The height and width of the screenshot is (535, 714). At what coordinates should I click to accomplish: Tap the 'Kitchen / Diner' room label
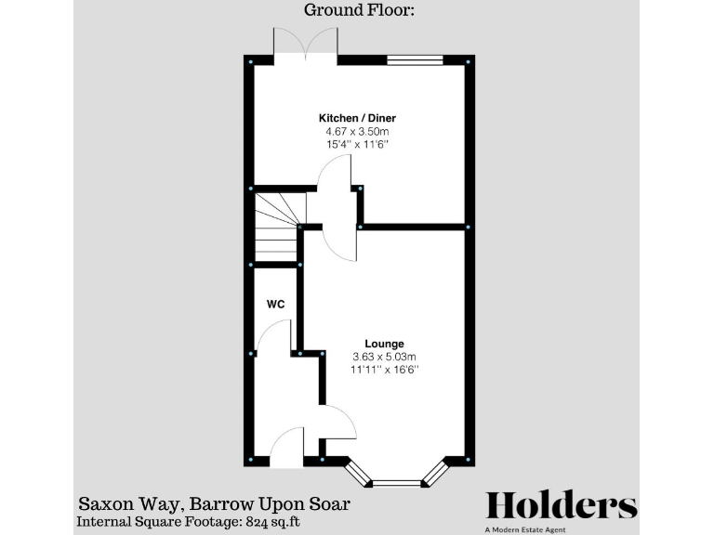(x=351, y=118)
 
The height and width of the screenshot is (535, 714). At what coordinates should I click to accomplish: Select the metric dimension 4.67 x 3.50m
(x=351, y=132)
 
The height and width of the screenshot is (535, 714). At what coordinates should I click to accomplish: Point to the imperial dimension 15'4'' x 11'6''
(x=351, y=145)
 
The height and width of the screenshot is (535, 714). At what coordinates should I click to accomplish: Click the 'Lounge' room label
(x=384, y=344)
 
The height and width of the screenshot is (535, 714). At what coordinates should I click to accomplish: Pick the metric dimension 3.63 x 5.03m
(x=384, y=357)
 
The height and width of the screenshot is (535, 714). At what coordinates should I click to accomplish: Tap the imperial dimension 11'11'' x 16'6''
(x=384, y=370)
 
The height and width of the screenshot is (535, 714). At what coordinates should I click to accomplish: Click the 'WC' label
(x=275, y=304)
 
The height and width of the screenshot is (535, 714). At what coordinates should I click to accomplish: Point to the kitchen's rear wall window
(x=415, y=60)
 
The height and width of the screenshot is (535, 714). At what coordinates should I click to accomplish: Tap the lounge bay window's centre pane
(x=397, y=483)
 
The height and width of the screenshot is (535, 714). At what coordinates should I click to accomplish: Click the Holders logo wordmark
(x=562, y=505)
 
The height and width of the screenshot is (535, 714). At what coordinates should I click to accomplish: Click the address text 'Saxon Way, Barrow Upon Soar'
(x=214, y=504)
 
